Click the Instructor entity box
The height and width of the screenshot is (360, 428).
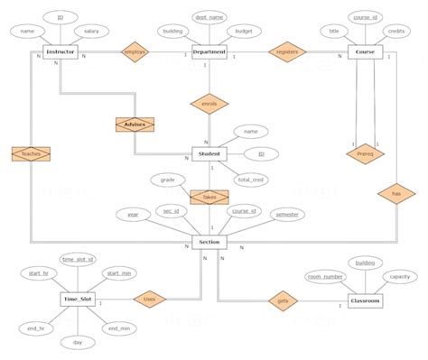tap(60, 53)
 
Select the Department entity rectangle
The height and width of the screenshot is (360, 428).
tap(209, 53)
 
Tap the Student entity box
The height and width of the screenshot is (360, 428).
tap(209, 154)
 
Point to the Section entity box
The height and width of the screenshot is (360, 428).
tap(209, 243)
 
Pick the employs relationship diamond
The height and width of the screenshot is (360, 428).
tap(134, 53)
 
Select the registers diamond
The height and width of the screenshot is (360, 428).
tap(287, 53)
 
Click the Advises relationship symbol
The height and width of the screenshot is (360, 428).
tap(135, 124)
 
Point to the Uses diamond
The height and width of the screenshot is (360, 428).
tap(150, 298)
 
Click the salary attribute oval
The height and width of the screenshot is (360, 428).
tap(90, 32)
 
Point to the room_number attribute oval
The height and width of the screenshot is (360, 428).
tap(325, 276)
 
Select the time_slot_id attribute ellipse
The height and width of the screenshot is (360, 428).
tap(79, 259)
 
